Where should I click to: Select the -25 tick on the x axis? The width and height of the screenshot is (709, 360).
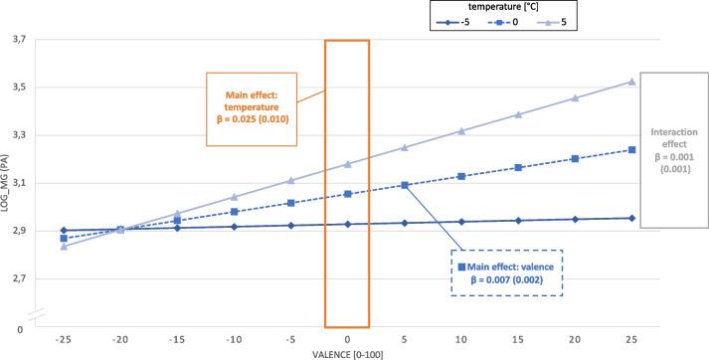point(64,341)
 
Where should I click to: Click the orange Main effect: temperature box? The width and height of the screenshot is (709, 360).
point(254,109)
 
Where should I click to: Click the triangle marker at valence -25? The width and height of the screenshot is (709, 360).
point(64,247)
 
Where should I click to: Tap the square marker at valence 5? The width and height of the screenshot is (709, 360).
point(404,185)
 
